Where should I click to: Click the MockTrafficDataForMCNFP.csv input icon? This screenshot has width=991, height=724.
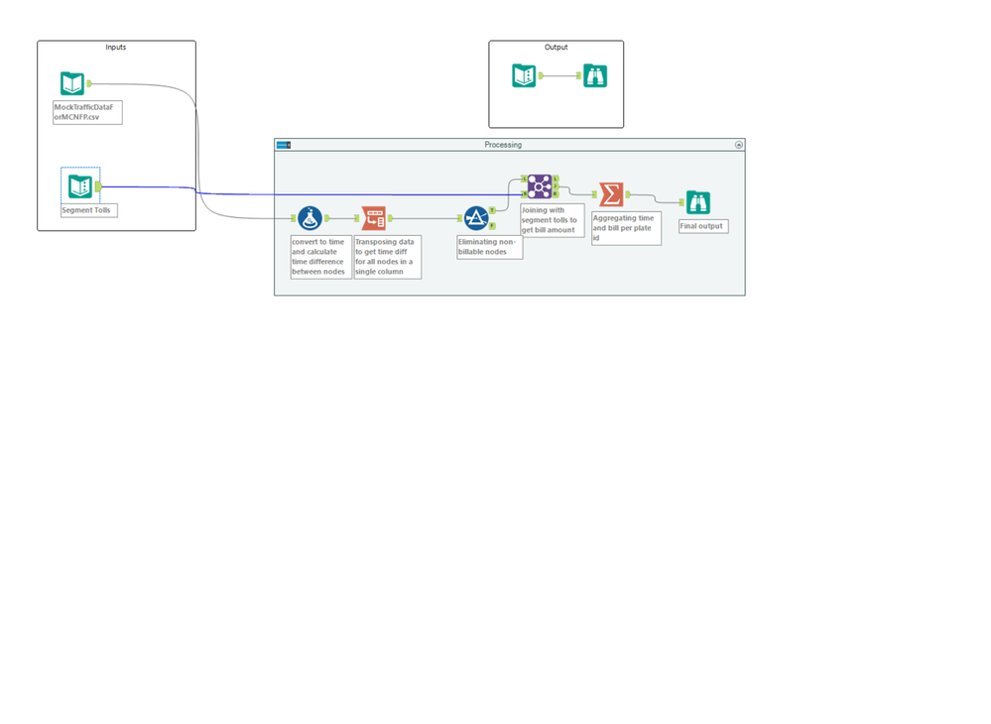tap(72, 83)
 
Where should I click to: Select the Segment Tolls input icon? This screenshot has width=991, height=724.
tap(80, 186)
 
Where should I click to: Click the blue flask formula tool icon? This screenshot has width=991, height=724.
tap(310, 218)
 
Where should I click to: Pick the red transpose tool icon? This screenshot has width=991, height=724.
tap(374, 218)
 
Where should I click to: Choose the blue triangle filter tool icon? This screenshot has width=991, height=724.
tap(476, 218)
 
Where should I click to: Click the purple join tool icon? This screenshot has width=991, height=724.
tap(539, 186)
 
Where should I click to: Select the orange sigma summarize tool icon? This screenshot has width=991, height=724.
tap(611, 194)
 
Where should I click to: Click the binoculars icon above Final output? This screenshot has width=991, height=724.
tap(697, 202)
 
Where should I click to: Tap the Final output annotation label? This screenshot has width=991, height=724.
tap(701, 226)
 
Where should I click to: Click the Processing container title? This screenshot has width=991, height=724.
tap(503, 145)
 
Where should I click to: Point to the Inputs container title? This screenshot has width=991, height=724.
tap(116, 47)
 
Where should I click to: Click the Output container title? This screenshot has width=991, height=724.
tap(557, 47)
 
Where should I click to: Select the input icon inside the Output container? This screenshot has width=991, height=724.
tap(524, 75)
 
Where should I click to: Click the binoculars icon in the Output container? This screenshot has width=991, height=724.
tap(595, 75)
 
